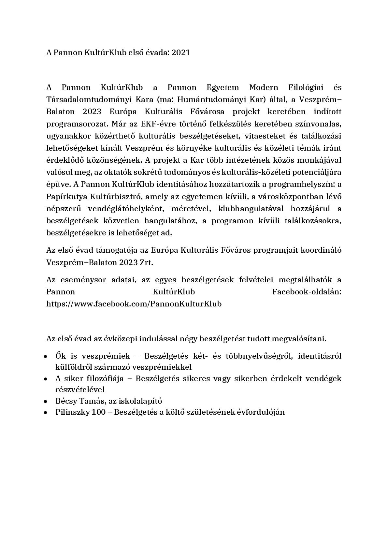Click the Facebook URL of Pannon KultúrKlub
coord(134,304)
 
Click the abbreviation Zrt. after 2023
coord(146,262)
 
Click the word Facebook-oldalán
coord(307,292)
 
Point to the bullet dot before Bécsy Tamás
coord(46,402)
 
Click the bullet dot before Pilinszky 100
coord(46,413)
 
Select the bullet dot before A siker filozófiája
coord(46,379)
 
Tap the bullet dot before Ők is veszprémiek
coord(46,356)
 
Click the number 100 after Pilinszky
coord(99,412)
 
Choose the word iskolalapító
coord(141,401)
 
